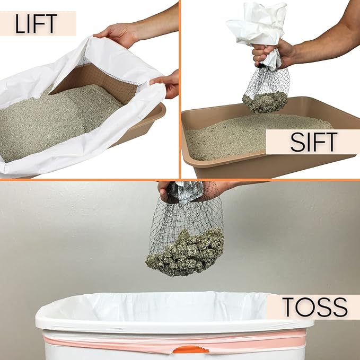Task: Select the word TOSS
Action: click(x=314, y=307)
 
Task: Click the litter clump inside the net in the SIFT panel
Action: click(x=265, y=101)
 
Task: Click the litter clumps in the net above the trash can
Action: click(x=186, y=252)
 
